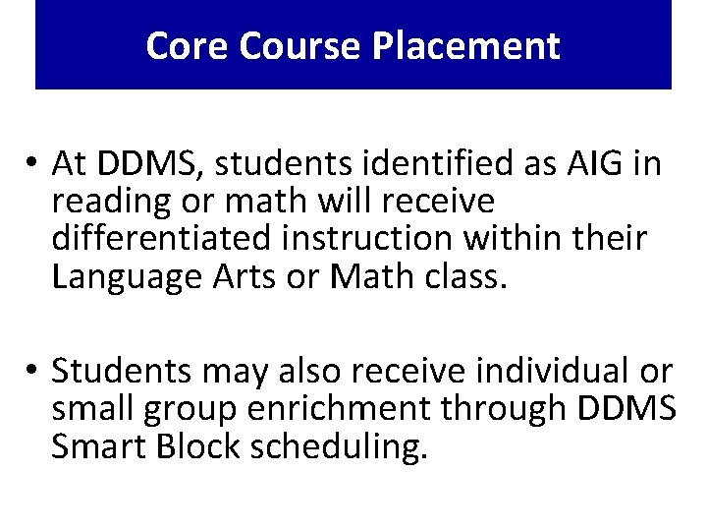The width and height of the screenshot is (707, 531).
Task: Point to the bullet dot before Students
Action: [32, 372]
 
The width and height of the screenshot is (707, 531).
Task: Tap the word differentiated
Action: [164, 239]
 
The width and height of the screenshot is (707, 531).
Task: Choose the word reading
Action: [104, 201]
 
